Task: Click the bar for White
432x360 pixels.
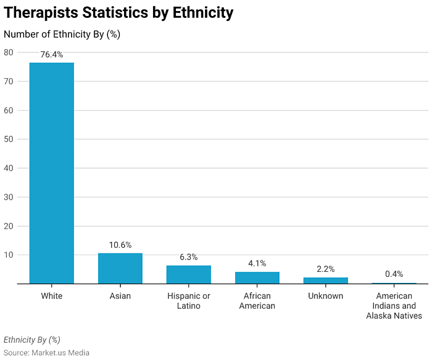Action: coord(52,173)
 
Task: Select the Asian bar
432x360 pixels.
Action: coord(120,269)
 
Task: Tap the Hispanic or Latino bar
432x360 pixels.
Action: coord(189,275)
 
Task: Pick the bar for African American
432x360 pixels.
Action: coord(257,278)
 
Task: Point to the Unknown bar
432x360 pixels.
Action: coord(326,280)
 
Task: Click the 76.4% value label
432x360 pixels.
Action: coord(52,55)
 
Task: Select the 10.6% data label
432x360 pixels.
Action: coord(120,245)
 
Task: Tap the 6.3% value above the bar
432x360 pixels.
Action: coord(189,258)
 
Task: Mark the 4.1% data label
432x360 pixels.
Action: coord(257,264)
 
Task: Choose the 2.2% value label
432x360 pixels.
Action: coord(326,269)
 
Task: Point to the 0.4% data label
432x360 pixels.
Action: coord(394,274)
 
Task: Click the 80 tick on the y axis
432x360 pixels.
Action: coord(9,52)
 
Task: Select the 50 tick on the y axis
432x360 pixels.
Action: coord(9,139)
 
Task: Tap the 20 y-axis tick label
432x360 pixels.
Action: coord(9,226)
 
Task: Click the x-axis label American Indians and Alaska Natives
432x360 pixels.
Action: coord(394,306)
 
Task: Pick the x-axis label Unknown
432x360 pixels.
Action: coord(326,296)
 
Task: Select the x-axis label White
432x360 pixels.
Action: coord(52,296)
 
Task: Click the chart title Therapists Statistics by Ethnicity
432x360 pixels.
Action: coord(118,12)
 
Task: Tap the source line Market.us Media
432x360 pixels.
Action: coord(46,353)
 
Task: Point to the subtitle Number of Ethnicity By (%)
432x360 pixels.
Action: coord(62,35)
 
